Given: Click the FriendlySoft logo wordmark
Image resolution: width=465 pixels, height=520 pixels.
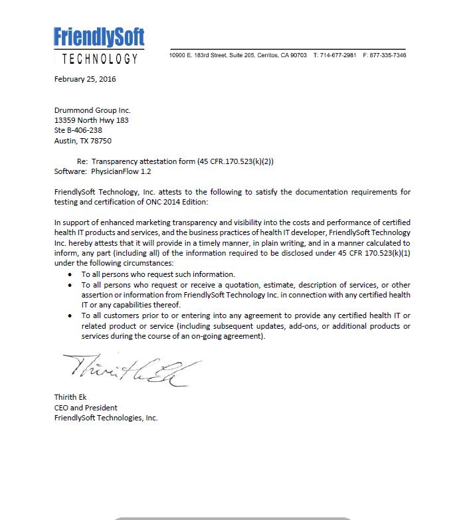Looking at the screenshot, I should pos(99,36).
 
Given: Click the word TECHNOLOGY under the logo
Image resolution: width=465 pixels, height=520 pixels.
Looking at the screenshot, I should pos(100,58).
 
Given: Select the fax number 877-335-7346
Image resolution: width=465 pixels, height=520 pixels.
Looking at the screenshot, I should pos(388,55).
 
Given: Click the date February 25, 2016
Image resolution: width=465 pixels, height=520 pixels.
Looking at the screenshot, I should pos(85,80).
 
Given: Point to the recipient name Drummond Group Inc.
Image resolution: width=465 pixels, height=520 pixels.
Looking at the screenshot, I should pos(92,110).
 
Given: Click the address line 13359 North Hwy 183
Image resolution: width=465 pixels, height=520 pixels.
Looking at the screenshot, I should pos(91,120).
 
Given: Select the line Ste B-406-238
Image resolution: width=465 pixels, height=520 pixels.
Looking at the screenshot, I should pos(78,130).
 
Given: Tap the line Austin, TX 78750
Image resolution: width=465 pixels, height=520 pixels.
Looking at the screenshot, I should pos(82,141).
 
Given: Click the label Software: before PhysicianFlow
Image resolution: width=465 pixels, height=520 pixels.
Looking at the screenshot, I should pos(70,171).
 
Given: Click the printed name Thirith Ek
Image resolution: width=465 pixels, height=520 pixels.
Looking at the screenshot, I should pos(70,397).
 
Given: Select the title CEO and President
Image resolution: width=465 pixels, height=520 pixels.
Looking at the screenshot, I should pos(86,408).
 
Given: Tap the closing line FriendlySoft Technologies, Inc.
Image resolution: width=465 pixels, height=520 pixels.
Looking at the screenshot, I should pos(106,418).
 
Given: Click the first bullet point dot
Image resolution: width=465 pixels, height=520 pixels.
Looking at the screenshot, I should pos(72,274).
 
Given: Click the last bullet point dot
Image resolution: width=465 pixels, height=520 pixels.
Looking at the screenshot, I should pos(72,315).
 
